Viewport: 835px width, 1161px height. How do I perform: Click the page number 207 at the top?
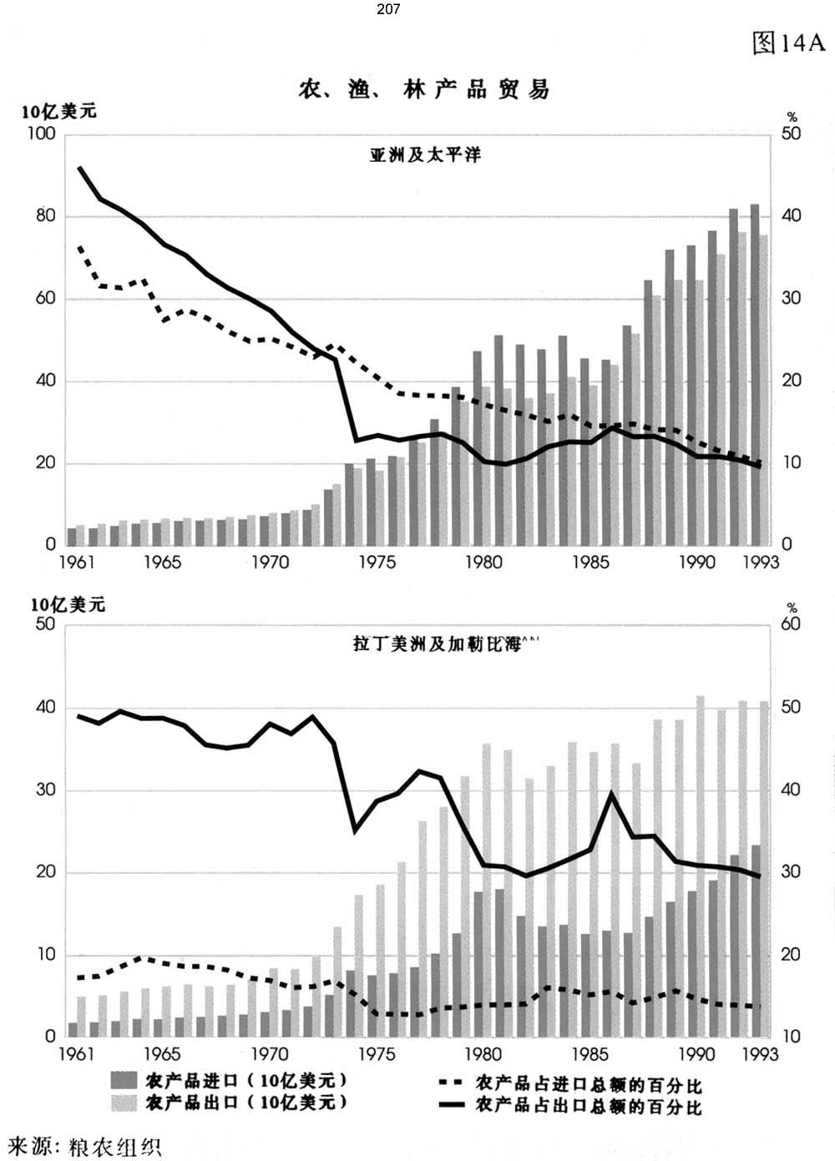coord(387,9)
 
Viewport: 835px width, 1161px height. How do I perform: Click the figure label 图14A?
coord(787,43)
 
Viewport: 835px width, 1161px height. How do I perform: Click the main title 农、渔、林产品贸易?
coord(424,89)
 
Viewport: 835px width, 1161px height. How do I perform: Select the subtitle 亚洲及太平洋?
coord(425,154)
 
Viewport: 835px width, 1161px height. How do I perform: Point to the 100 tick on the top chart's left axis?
coord(41,134)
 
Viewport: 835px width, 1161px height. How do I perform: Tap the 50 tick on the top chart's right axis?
coord(790,134)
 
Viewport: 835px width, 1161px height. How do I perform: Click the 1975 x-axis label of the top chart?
coord(377,563)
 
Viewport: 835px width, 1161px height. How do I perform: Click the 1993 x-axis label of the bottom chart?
coord(760,1054)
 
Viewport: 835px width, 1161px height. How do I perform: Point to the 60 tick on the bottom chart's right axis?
coord(790,624)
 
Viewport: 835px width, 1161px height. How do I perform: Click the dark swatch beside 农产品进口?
coord(124,1080)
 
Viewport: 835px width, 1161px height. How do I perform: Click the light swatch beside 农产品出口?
coord(124,1103)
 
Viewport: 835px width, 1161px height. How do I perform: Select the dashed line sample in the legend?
coord(451,1083)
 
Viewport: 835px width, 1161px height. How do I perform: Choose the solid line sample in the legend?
coord(451,1105)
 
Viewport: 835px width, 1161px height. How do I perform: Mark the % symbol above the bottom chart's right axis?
coord(792,608)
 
